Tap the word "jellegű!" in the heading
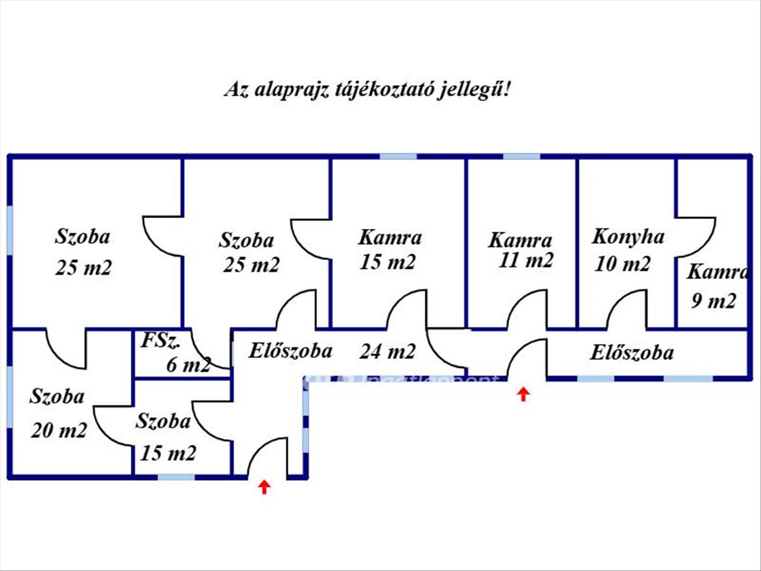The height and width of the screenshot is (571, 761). pos(474,90)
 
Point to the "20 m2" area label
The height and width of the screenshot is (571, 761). pos(59,431)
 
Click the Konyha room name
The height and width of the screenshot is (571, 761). pos(628,238)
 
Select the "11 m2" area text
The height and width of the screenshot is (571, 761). pos(526,260)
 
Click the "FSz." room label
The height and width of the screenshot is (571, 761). pos(161,341)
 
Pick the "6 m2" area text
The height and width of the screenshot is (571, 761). pos(188,364)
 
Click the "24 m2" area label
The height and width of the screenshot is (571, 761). pos(387,351)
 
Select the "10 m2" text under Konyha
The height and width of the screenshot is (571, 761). pos(623,263)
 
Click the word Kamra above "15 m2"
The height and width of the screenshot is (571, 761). pos(390,238)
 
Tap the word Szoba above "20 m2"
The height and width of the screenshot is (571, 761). pos(57,396)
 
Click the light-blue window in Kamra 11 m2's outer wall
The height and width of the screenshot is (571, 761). pos(521,156)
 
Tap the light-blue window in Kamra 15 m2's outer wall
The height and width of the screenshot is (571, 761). pos(398,156)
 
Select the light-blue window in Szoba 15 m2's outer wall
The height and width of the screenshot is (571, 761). pos(176,477)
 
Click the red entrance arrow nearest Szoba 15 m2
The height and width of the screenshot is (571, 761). pos(264,487)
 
